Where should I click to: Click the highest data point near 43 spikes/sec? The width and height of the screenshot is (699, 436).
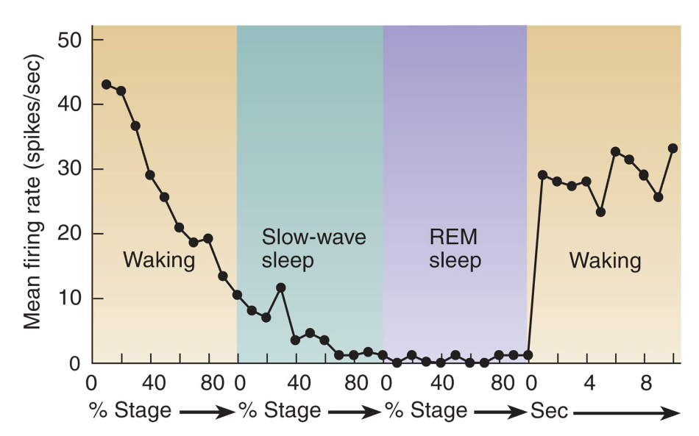click(x=106, y=85)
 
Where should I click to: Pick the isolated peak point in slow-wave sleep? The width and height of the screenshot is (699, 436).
click(x=280, y=287)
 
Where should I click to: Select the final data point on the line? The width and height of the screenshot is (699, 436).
click(x=673, y=148)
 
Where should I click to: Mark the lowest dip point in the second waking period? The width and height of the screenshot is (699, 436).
click(x=600, y=212)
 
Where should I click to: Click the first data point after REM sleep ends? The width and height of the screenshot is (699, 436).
click(x=542, y=175)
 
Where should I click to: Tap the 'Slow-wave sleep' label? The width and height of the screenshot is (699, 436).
click(x=314, y=249)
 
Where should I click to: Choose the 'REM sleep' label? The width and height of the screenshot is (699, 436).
click(x=454, y=249)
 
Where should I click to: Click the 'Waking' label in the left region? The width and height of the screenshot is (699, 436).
click(x=159, y=260)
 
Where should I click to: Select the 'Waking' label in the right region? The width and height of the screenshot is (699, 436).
click(x=605, y=260)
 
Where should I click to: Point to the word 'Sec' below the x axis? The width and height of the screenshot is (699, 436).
click(x=549, y=410)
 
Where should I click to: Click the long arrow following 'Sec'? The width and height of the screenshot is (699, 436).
click(x=625, y=413)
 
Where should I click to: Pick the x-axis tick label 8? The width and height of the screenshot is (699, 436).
click(x=645, y=384)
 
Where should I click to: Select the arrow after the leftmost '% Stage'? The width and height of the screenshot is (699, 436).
click(x=206, y=413)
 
